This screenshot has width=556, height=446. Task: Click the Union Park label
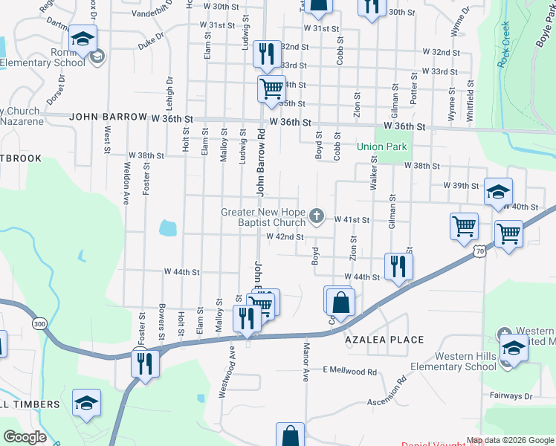(382, 146)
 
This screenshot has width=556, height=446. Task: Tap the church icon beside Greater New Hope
(317, 216)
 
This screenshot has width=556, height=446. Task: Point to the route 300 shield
(39, 323)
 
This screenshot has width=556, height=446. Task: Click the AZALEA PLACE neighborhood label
(384, 340)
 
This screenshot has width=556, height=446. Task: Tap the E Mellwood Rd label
(349, 370)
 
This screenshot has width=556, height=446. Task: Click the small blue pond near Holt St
(167, 227)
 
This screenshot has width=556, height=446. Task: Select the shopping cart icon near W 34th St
(271, 88)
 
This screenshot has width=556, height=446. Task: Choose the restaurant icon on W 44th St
(398, 265)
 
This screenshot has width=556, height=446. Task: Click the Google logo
(25, 437)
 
